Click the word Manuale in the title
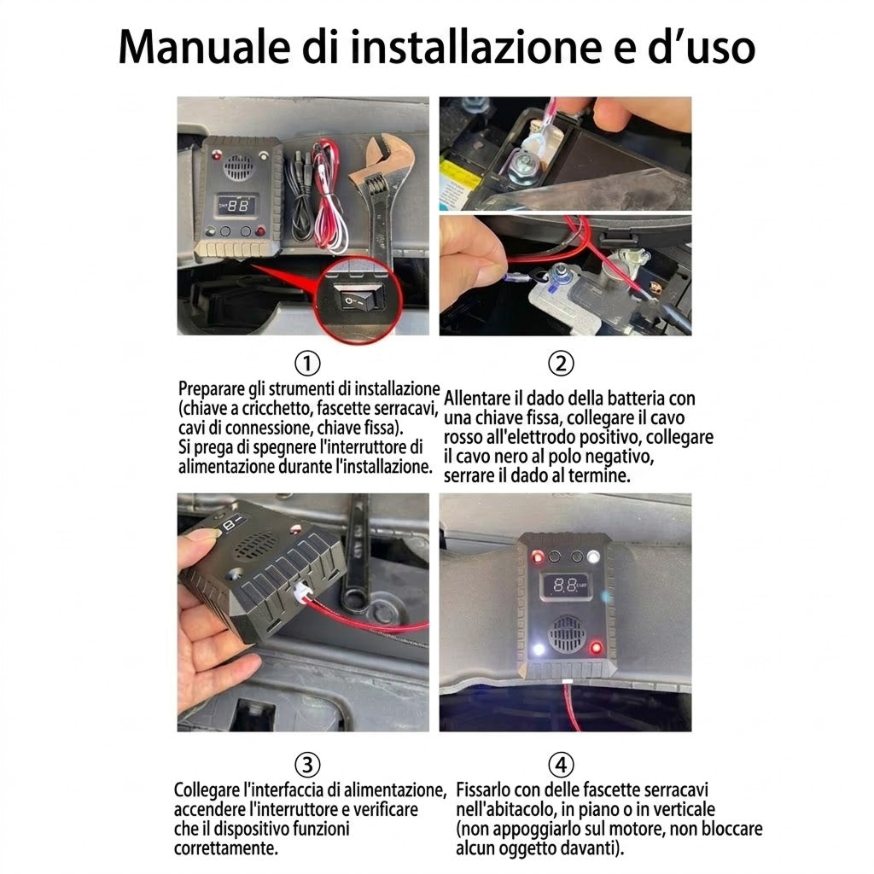point(204,47)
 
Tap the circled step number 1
point(307,364)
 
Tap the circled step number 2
point(561,364)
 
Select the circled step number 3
point(307,765)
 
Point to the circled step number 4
point(561,765)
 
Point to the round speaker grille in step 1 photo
point(239,165)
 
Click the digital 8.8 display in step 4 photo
point(565,586)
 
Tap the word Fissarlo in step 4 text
point(483,790)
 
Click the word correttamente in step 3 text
point(225,849)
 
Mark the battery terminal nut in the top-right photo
point(523,164)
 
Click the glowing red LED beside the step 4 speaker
point(596,648)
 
